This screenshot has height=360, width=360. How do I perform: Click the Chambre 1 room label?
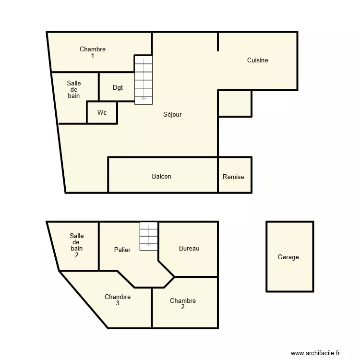(x=93, y=52)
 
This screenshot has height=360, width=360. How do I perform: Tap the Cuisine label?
(x=257, y=60)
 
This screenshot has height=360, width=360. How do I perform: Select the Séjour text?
(x=172, y=115)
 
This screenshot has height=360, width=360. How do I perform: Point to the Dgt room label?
(x=118, y=87)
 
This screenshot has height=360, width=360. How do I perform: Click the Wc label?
(x=102, y=113)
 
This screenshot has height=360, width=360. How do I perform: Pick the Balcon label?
(x=161, y=177)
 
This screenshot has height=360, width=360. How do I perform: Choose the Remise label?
(x=233, y=177)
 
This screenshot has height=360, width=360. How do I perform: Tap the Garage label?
(x=288, y=257)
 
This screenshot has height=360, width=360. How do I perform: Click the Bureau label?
(x=189, y=249)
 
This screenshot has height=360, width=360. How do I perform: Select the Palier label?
(x=122, y=250)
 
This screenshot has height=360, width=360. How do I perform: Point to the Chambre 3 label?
(x=118, y=300)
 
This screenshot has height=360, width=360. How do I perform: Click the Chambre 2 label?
(x=183, y=304)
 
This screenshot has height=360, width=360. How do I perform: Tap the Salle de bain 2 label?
(x=77, y=245)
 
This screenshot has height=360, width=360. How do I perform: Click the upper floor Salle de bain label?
(x=74, y=90)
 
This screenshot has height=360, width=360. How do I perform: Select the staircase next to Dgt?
(x=143, y=80)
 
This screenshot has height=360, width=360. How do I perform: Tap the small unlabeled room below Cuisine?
(x=235, y=103)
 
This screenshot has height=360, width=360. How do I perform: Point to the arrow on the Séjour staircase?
(x=143, y=98)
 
